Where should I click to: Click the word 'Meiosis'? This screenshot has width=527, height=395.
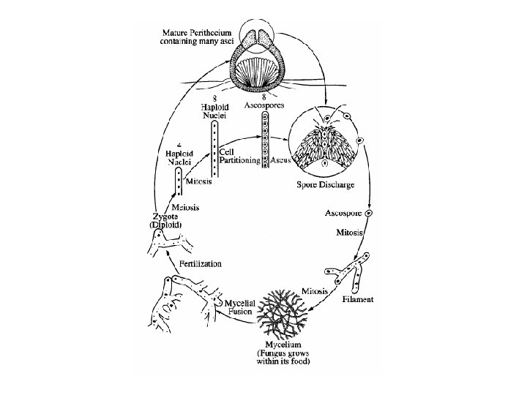coord(185,207)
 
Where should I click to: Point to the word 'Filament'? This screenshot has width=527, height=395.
coord(358,299)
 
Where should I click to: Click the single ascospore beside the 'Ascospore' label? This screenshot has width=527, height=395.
coord(370,213)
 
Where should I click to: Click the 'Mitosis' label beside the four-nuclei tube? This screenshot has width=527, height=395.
coord(199,182)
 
